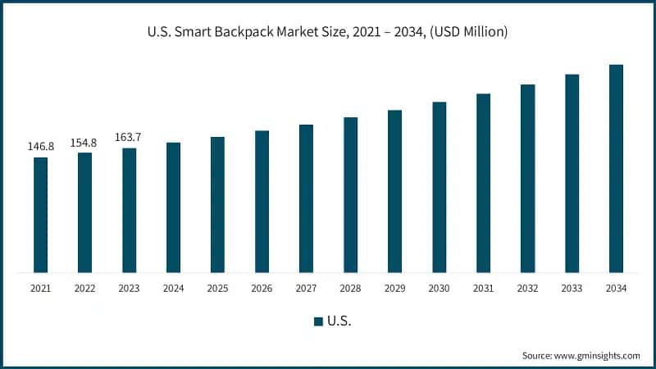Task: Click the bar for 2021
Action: pos(40,215)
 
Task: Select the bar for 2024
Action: pos(173,207)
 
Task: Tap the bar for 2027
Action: pos(306,198)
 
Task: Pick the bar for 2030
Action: pos(439,187)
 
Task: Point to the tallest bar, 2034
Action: pos(616,168)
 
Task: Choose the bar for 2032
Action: pos(527,178)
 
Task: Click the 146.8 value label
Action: pos(40,147)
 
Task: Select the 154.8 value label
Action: pos(84,142)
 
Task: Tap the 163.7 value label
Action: pos(129,137)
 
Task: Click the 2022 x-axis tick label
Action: pos(84,288)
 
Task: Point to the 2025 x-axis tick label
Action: pos(217,288)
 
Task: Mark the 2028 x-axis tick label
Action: pos(350,288)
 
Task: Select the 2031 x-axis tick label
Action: pos(483,288)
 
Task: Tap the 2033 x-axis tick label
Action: pos(572,288)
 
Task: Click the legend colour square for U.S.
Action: pos(318,321)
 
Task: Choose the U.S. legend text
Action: pos(339,321)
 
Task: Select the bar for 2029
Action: pos(394,191)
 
